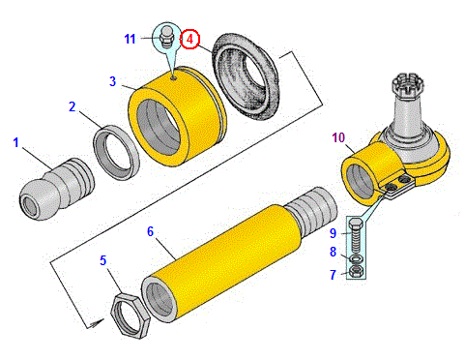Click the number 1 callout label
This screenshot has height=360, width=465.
[15, 142]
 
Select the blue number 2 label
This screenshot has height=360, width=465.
[73, 106]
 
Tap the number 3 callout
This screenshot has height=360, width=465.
[112, 81]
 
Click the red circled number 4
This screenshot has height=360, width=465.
[189, 39]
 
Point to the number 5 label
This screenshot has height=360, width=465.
[103, 260]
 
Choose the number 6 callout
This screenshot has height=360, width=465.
[151, 231]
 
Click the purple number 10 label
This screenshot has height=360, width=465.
[338, 137]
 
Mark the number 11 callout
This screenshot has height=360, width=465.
[130, 39]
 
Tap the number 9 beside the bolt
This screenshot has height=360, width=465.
[333, 233]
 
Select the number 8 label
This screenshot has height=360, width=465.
[333, 252]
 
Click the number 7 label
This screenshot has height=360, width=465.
[333, 275]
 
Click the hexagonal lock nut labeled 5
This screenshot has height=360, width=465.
[131, 315]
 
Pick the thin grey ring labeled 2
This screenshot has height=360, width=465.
[116, 152]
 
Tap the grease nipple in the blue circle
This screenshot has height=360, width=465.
[167, 38]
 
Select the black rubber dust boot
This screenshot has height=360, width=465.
[245, 75]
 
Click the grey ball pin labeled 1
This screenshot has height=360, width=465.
[56, 189]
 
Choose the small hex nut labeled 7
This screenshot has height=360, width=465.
[357, 272]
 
